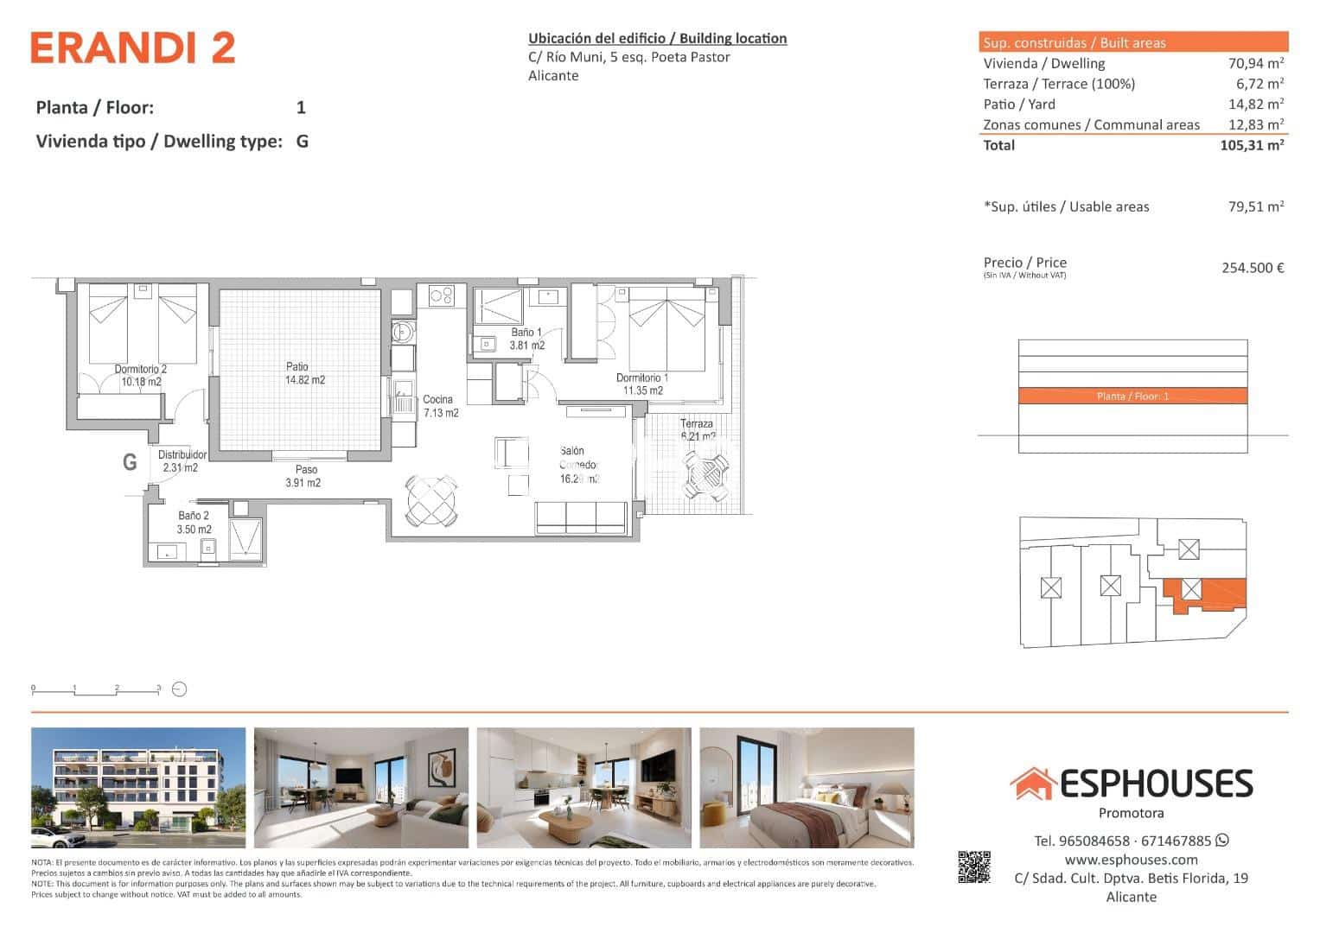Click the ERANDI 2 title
[133, 48]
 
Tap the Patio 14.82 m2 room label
[304, 373]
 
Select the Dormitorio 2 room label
[141, 375]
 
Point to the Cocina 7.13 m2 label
[439, 406]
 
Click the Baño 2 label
[194, 523]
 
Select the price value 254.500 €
[1253, 268]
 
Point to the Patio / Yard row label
[1019, 104]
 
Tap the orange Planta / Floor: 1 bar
[1132, 397]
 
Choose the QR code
[973, 867]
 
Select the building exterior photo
[138, 788]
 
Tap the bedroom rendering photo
[807, 788]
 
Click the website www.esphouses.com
[1131, 860]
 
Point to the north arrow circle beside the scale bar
[180, 689]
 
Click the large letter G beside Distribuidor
[130, 462]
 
